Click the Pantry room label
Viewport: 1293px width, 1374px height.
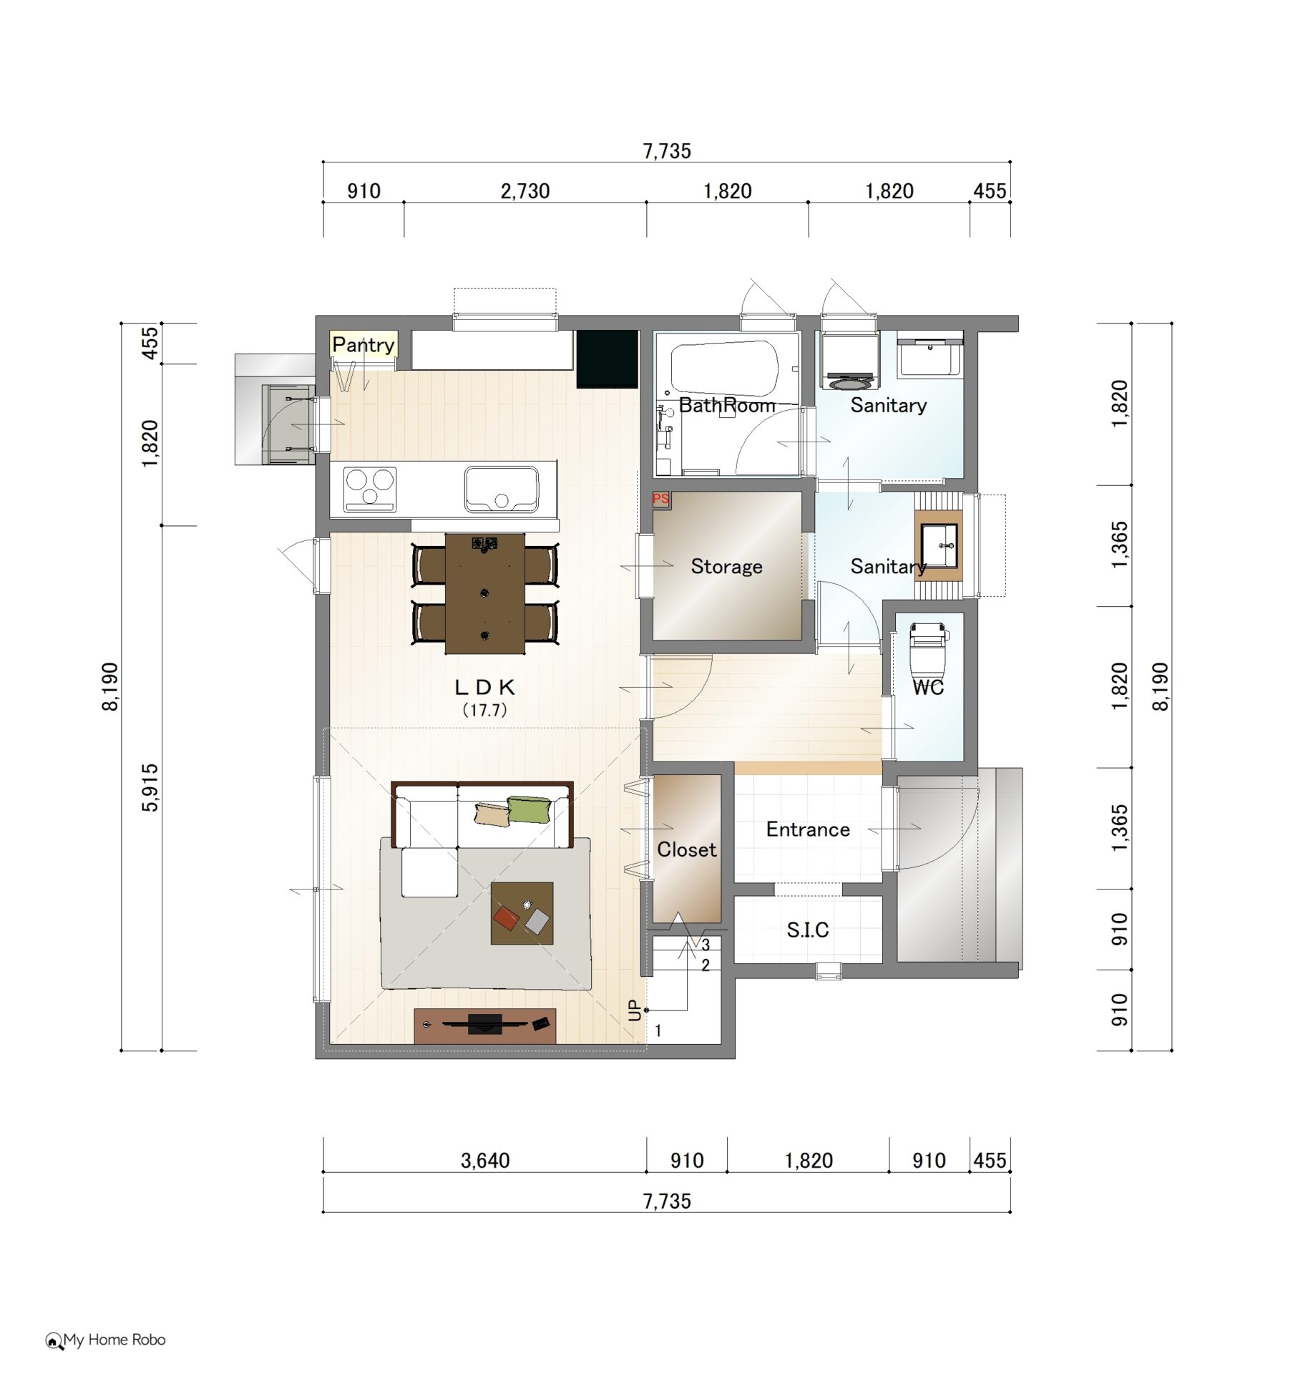point(363,345)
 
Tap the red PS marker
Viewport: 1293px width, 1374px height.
point(660,499)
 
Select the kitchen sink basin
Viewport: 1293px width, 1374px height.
point(501,489)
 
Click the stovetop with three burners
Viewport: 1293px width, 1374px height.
point(370,489)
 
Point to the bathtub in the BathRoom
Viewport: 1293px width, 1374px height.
point(724,368)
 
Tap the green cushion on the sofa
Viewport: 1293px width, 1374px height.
point(530,809)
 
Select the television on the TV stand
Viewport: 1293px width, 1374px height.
point(485,1024)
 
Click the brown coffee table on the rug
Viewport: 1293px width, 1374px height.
point(522,913)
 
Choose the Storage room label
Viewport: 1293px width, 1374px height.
point(726,567)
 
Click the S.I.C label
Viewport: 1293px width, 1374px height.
point(808,930)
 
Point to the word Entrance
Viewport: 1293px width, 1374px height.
point(808,829)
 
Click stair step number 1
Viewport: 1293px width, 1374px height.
point(658,1030)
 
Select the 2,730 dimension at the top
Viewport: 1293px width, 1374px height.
point(525,191)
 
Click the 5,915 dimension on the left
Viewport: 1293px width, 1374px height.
point(150,787)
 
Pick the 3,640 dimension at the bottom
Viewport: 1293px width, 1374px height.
point(485,1161)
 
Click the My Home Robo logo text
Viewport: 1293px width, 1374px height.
point(114,1340)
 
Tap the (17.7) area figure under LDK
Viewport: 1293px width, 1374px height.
point(484,710)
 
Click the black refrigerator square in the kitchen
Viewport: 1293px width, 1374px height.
point(608,359)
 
